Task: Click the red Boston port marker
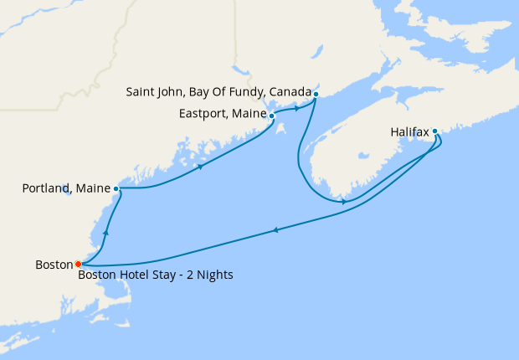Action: click(78, 264)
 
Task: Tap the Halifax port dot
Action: click(435, 131)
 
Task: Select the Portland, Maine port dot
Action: click(116, 189)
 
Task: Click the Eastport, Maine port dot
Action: click(271, 116)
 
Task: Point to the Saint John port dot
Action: click(316, 94)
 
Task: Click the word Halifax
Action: click(409, 131)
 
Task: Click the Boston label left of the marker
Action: click(54, 265)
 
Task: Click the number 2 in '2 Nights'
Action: click(189, 275)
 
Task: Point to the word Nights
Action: click(213, 275)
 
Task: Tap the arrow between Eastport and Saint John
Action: click(298, 109)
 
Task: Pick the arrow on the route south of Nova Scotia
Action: click(344, 202)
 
